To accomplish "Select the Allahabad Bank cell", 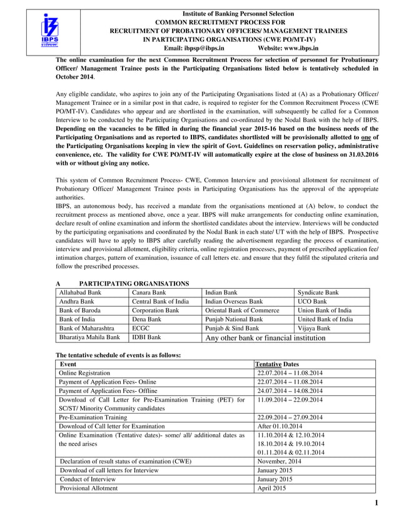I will (x=79, y=292).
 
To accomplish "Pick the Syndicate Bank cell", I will (x=318, y=292).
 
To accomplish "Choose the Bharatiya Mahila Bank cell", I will (x=89, y=337).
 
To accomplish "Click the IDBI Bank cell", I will (x=146, y=337).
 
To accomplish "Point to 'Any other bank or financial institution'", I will (x=266, y=338).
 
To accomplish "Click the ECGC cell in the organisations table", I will (x=141, y=328).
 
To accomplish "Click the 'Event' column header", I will (x=68, y=364).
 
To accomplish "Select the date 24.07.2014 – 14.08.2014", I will (x=290, y=390).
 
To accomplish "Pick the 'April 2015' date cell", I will (x=272, y=488).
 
